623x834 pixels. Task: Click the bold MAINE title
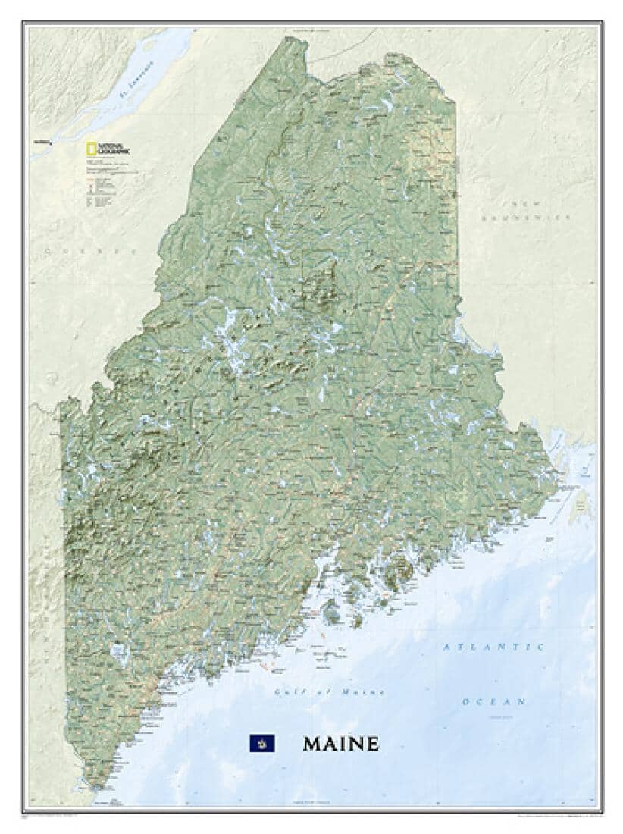click(340, 743)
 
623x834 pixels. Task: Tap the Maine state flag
click(262, 743)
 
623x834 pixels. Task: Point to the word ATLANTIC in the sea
click(493, 647)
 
